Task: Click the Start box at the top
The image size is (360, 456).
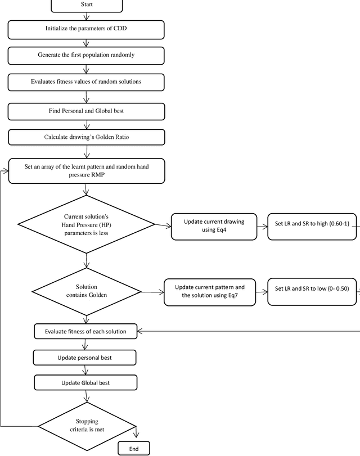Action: pyautogui.click(x=86, y=6)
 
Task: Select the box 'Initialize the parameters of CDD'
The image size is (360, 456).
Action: pyautogui.click(x=86, y=29)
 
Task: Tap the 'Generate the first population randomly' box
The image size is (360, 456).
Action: pyautogui.click(x=86, y=55)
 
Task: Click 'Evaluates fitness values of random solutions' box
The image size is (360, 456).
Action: pyautogui.click(x=86, y=82)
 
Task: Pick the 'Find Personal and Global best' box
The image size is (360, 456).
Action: pyautogui.click(x=86, y=111)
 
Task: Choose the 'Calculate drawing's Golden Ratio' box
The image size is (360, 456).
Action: pyautogui.click(x=86, y=137)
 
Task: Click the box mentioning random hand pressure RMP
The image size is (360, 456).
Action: pyautogui.click(x=86, y=171)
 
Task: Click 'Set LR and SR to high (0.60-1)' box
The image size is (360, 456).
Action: pyautogui.click(x=312, y=226)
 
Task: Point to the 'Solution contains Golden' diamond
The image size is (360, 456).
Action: pyautogui.click(x=86, y=291)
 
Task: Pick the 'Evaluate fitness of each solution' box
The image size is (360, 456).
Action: pyautogui.click(x=86, y=331)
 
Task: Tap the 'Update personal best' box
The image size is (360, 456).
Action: pyautogui.click(x=85, y=358)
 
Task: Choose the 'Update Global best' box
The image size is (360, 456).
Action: pyautogui.click(x=85, y=383)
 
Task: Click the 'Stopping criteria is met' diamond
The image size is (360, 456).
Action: pyautogui.click(x=86, y=426)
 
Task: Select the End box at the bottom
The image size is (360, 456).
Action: pyautogui.click(x=134, y=448)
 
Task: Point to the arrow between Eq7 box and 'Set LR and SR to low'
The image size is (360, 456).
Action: pyautogui.click(x=261, y=291)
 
